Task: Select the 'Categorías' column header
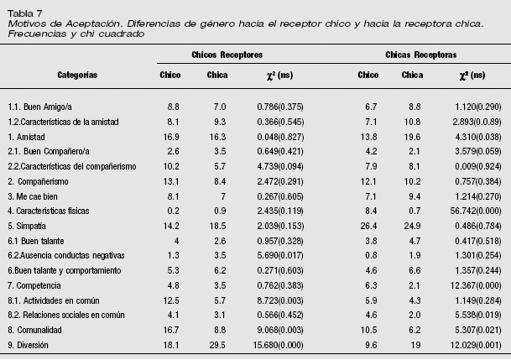[x=77, y=75]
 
